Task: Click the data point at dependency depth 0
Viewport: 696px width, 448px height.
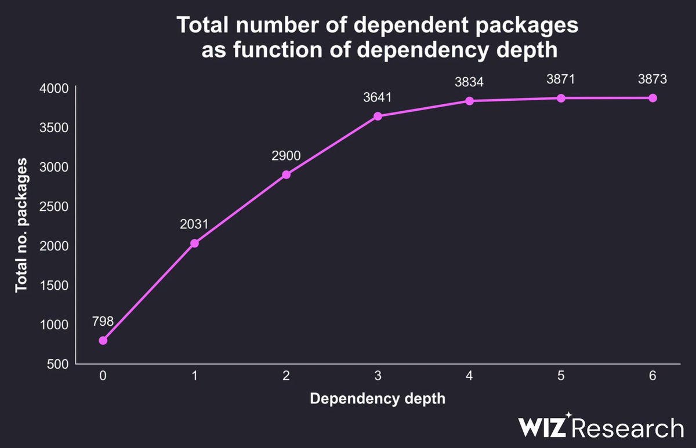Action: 103,340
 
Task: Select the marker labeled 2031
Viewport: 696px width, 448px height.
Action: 194,243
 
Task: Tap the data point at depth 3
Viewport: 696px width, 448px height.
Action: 378,116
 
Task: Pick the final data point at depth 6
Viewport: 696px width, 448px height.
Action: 652,98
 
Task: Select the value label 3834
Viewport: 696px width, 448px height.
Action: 469,82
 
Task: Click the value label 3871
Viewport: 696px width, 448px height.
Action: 561,79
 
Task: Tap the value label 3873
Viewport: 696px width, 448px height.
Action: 652,79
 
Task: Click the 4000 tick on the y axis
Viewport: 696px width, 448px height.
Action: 55,88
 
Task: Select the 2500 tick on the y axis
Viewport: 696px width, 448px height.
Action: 55,206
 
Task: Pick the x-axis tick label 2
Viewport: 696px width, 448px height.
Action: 286,376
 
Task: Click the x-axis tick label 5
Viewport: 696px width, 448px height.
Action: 561,376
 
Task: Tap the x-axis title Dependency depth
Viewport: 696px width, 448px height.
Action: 377,399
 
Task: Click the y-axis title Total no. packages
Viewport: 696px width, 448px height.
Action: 21,226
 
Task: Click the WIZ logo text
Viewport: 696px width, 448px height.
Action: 543,428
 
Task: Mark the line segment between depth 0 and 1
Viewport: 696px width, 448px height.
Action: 148,292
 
